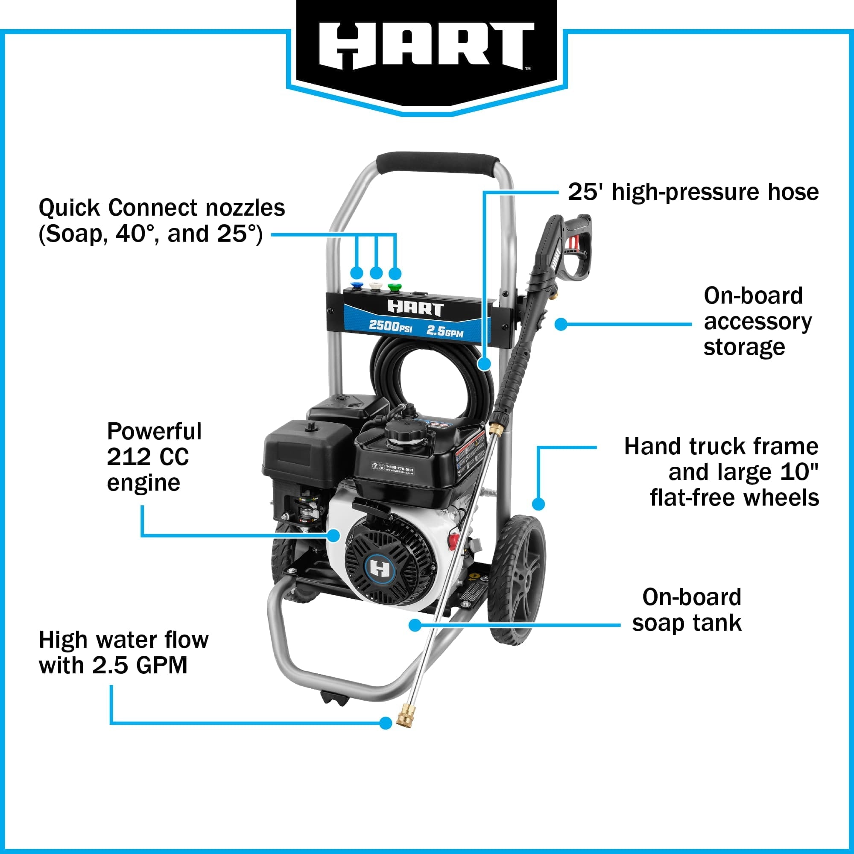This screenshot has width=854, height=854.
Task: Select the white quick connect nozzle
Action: tap(376, 286)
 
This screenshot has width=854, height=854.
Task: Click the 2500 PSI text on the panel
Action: tap(390, 326)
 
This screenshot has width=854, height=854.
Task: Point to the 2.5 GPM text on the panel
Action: tap(444, 330)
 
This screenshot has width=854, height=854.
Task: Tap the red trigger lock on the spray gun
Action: tap(573, 243)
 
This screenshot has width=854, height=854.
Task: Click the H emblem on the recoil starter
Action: tap(379, 567)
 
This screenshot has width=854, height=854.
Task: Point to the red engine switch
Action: tap(453, 540)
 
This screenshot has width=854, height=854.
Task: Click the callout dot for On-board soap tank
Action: tap(415, 625)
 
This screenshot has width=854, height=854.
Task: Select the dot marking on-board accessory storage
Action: tap(561, 324)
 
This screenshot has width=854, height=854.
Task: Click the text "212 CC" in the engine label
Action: tap(148, 457)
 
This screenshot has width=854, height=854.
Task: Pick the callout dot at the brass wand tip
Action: tap(386, 723)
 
